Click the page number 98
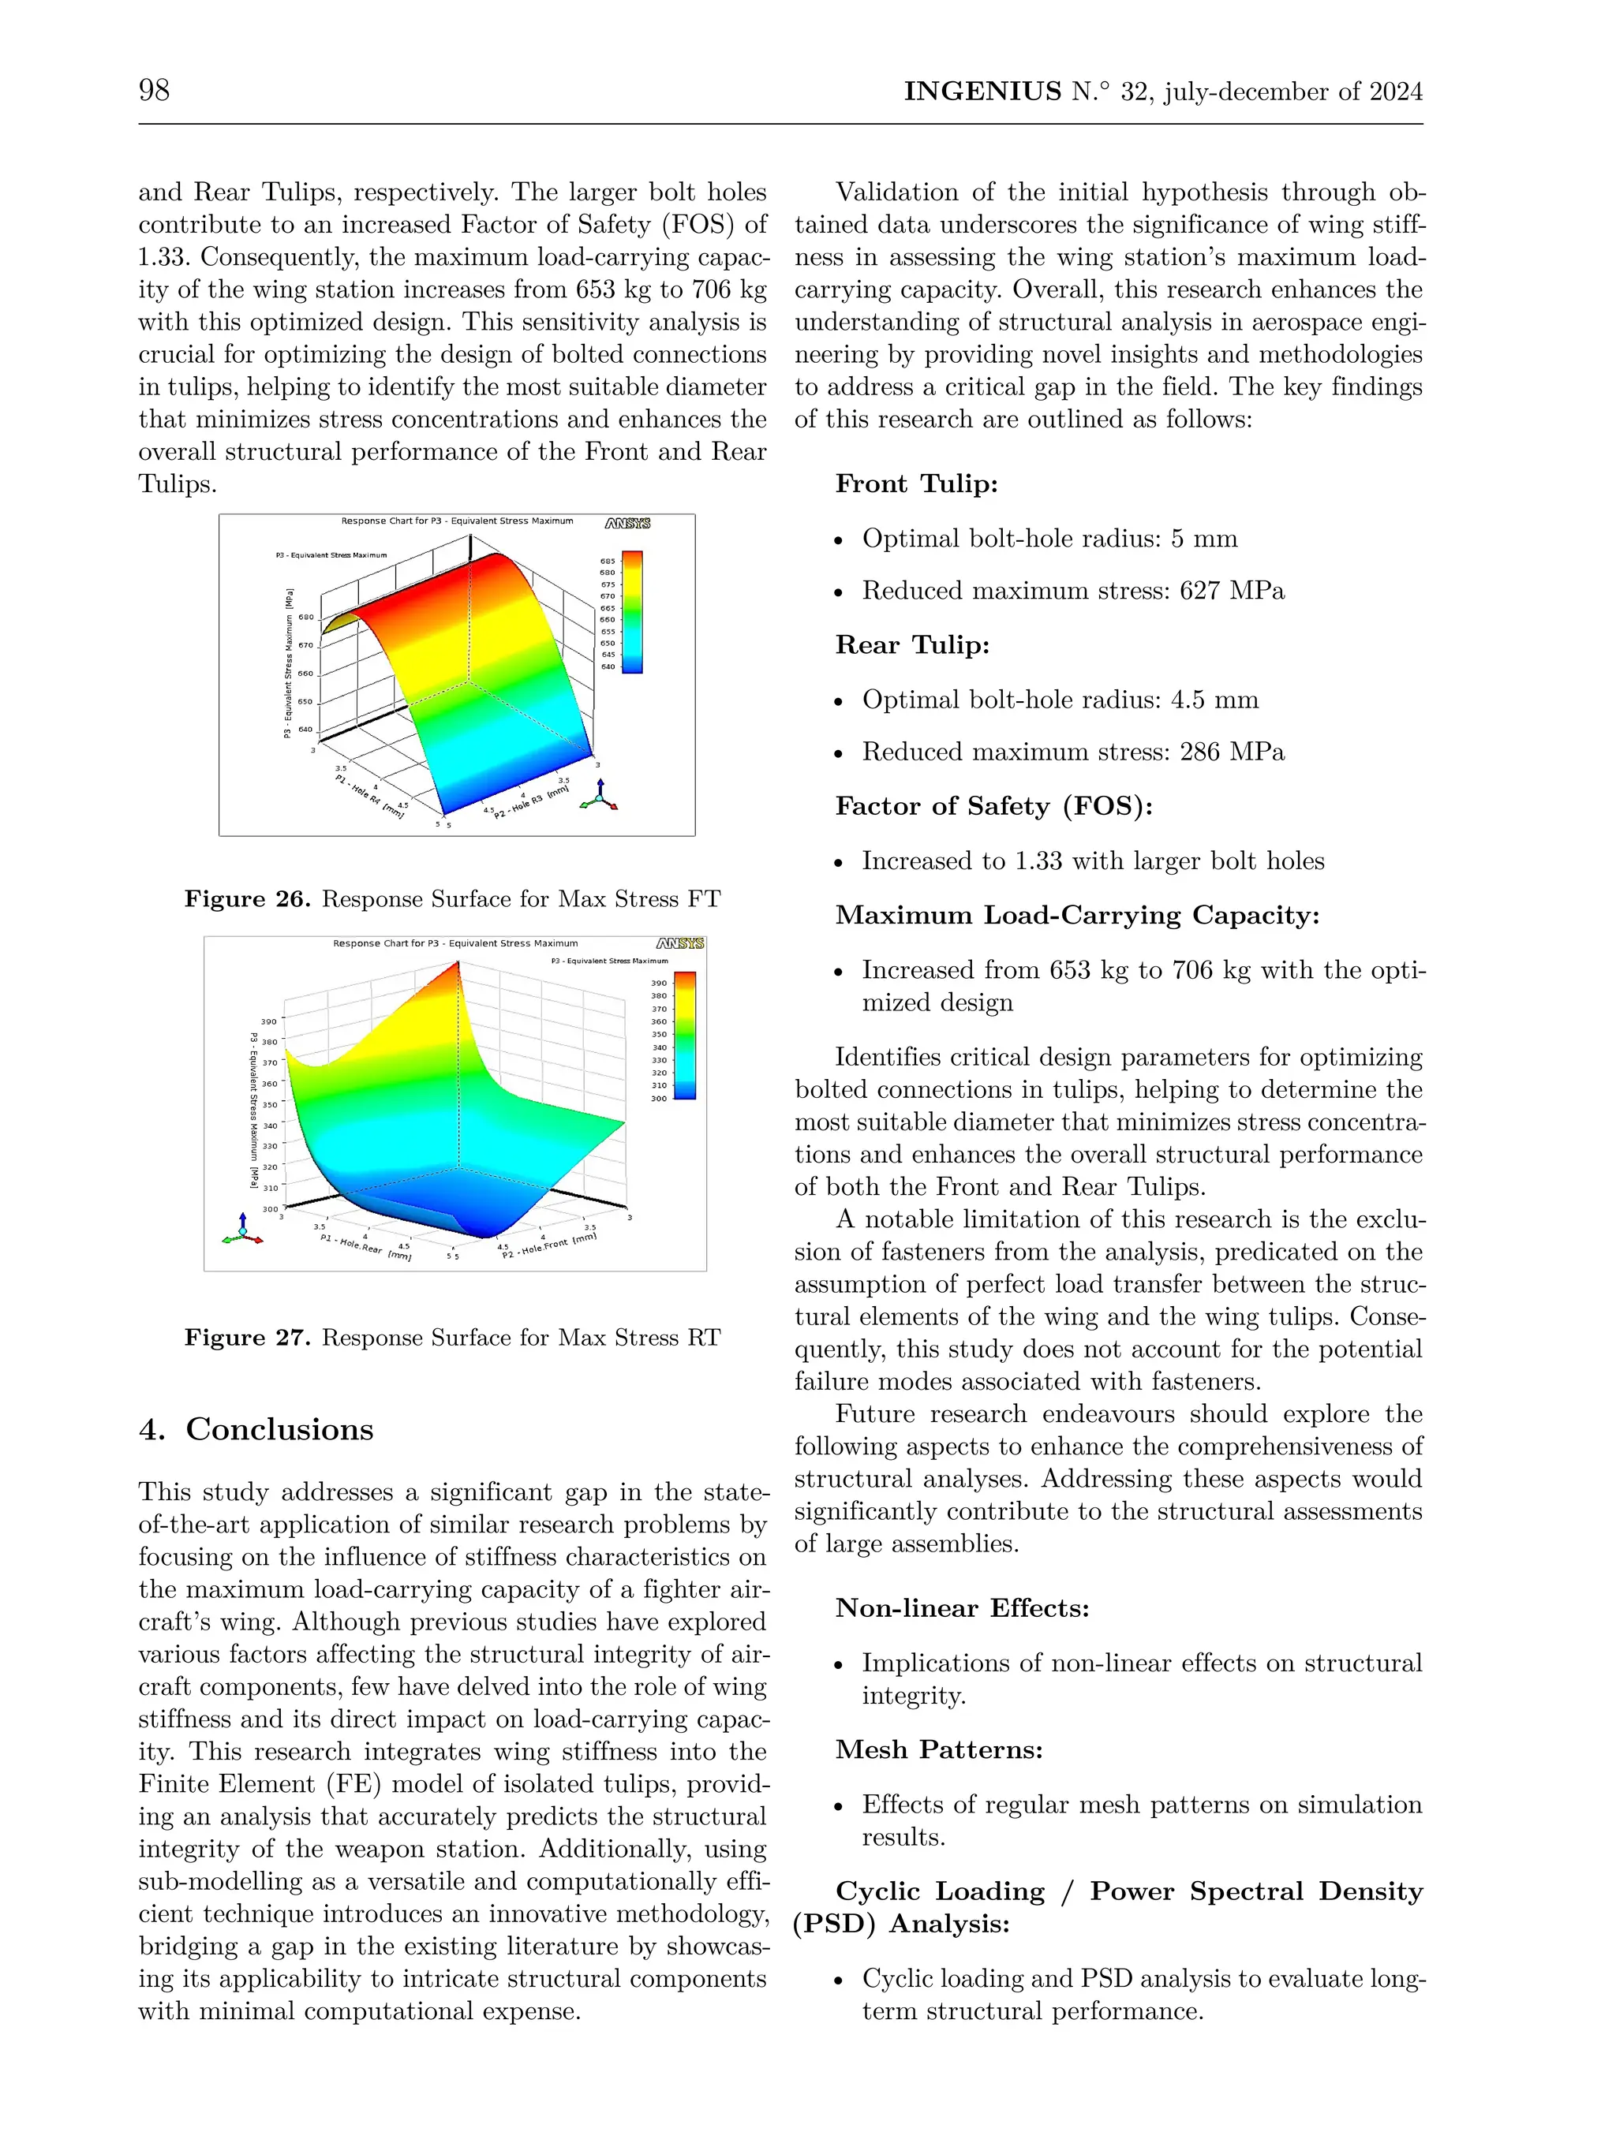(x=154, y=91)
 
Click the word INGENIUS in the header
(x=982, y=91)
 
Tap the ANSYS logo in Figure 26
(x=627, y=524)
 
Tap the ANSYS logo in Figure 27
(x=680, y=943)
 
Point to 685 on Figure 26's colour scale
(x=608, y=562)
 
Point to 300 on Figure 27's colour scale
(x=659, y=1099)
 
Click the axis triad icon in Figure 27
(x=242, y=1230)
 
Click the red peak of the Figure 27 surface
(x=457, y=968)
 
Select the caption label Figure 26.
(x=248, y=899)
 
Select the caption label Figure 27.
(x=248, y=1337)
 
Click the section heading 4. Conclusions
(x=256, y=1428)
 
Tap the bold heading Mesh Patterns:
(x=939, y=1750)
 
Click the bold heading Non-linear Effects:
(x=961, y=1607)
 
